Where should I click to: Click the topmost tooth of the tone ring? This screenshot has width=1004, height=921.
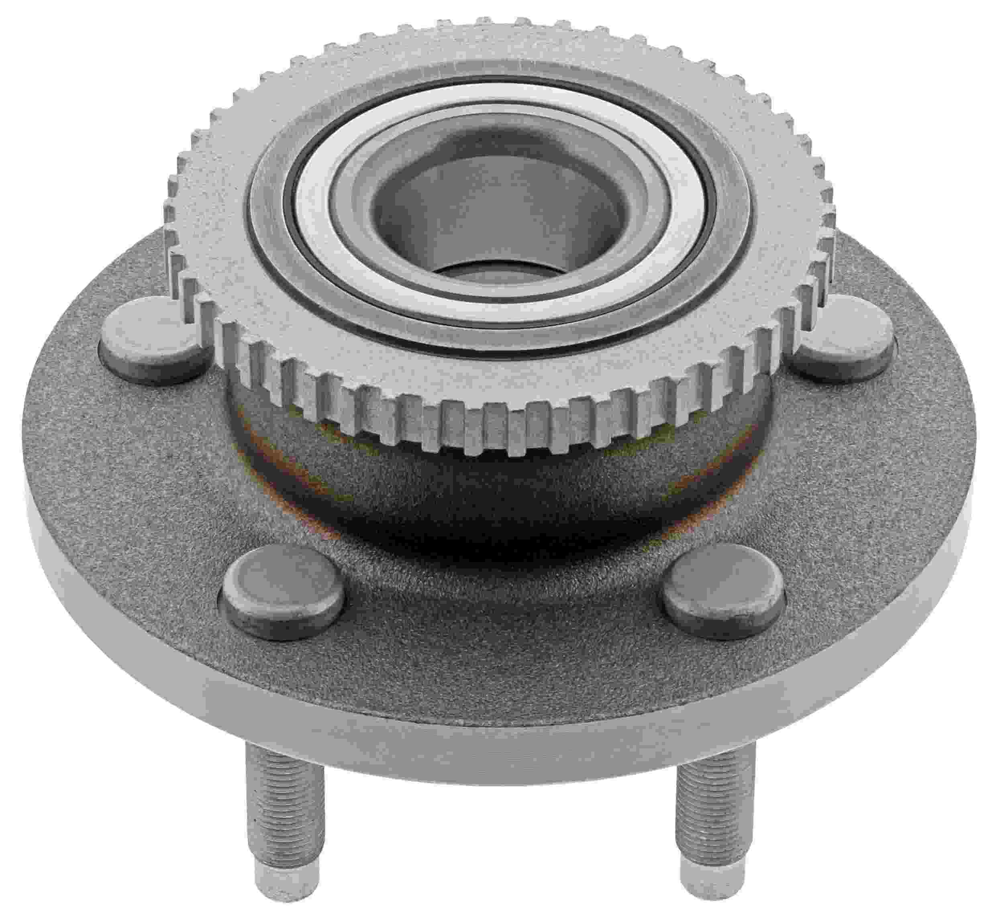point(498,22)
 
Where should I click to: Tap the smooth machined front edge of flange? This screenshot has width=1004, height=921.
point(498,748)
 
